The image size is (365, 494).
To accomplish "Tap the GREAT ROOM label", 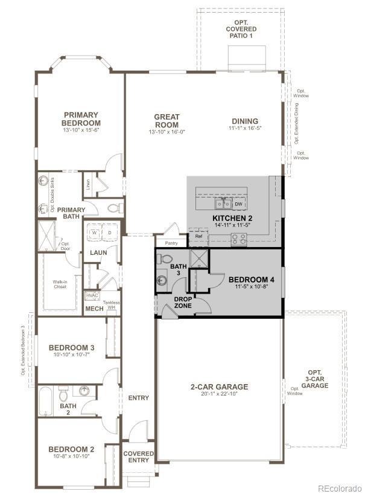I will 167,121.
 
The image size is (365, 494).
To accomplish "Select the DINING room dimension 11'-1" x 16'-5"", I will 244,128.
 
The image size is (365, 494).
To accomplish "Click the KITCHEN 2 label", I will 232,218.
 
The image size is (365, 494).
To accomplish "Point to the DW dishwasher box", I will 238,204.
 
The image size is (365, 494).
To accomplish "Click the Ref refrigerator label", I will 198,236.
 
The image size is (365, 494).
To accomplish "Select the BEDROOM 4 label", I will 252,280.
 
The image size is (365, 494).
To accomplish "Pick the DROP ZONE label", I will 183,303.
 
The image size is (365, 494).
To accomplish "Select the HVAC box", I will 92,296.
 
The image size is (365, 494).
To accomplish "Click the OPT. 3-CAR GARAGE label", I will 316,379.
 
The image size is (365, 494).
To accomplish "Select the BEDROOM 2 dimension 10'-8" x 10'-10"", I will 71,457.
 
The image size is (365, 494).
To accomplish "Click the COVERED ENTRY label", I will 139,457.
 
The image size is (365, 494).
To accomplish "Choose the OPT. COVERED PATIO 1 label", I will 241,29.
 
